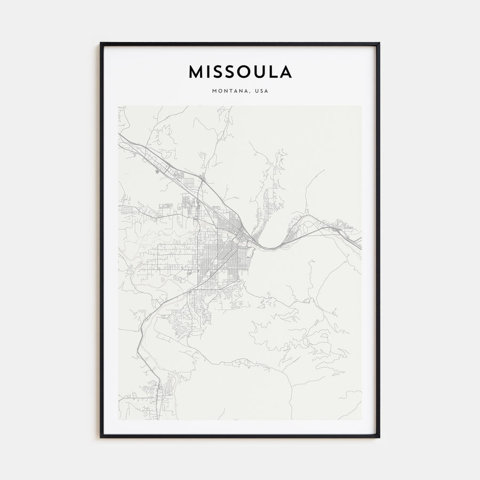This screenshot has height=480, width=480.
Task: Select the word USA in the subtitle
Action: (x=261, y=91)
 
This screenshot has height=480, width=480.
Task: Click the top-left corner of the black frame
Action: (x=101, y=43)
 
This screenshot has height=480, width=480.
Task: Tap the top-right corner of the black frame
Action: (x=379, y=43)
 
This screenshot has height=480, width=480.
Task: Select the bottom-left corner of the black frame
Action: (x=101, y=437)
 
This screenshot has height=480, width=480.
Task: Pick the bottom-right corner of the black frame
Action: (x=379, y=437)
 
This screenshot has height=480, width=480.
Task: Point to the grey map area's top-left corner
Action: (x=118, y=106)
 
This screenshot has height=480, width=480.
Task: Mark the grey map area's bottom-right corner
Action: (x=361, y=420)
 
